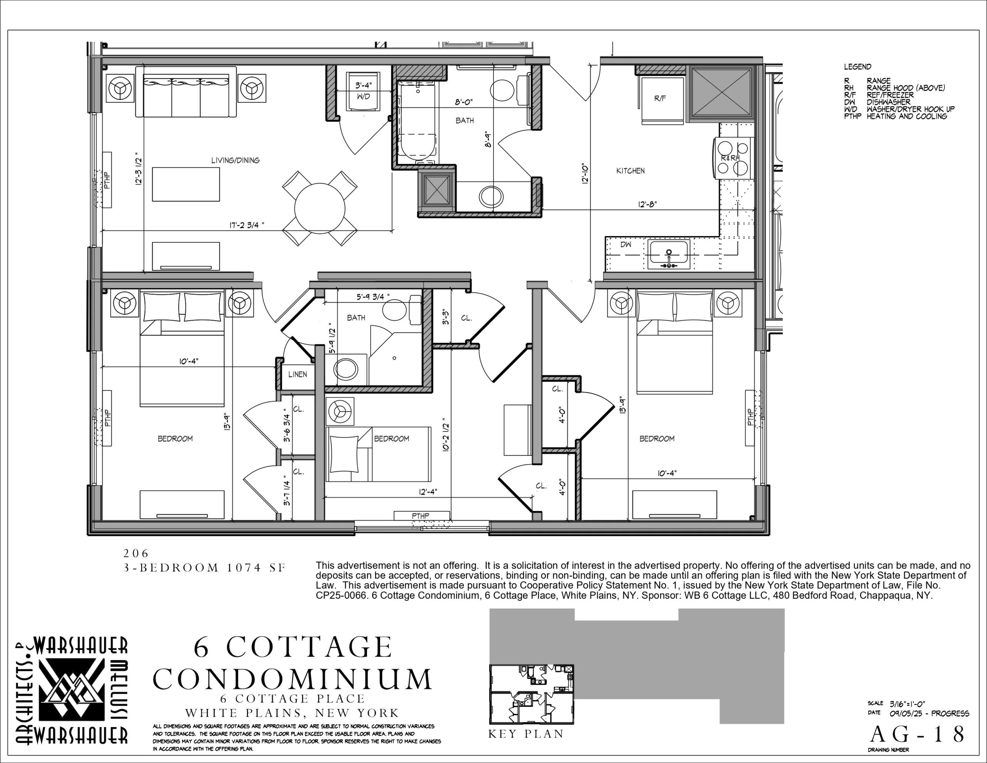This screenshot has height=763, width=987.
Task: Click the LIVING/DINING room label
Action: [236, 160]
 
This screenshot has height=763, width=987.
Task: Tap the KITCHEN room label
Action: [630, 170]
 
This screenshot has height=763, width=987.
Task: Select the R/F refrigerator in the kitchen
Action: [660, 100]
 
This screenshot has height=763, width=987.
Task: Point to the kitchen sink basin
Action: [669, 254]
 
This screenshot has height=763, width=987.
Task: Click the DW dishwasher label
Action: [625, 245]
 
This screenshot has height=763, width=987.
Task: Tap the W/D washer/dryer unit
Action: [363, 91]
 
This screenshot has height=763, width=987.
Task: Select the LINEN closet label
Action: [297, 374]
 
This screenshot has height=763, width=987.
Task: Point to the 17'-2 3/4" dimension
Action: [246, 225]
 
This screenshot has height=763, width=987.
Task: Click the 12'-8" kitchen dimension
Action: [647, 204]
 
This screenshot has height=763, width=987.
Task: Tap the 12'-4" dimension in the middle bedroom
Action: [428, 492]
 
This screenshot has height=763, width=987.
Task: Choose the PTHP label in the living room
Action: [107, 179]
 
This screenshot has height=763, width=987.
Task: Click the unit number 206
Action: [136, 553]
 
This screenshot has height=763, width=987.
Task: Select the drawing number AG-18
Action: [917, 734]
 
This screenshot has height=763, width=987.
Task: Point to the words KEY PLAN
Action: [526, 734]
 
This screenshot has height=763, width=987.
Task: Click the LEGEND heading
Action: [857, 66]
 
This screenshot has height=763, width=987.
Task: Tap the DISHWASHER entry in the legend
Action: [888, 102]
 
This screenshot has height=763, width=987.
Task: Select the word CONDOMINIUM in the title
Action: [292, 679]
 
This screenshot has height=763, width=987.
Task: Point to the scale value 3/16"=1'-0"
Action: [907, 704]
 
